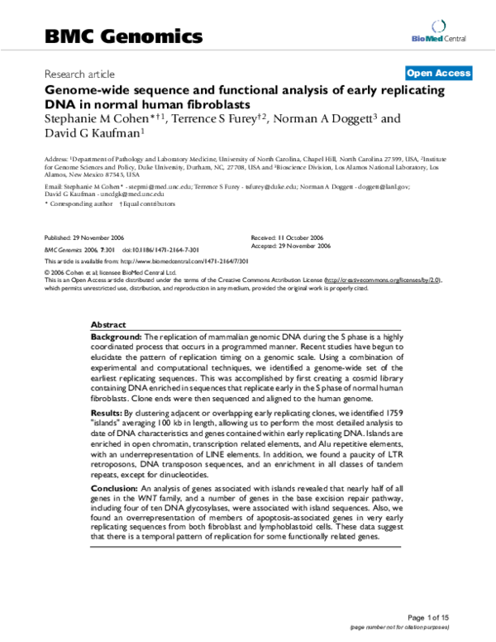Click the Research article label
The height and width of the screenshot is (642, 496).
[x=79, y=74]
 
